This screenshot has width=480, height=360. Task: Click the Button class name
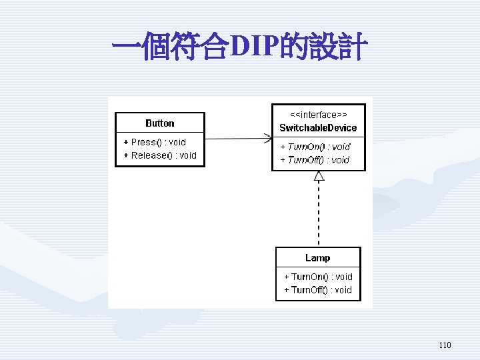pyautogui.click(x=160, y=123)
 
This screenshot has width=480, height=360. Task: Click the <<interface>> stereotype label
pyautogui.click(x=319, y=115)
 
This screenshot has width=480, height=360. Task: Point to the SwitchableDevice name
pyautogui.click(x=318, y=127)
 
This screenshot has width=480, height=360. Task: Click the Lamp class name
pyautogui.click(x=318, y=258)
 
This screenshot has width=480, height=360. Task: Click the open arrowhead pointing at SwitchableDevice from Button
pyautogui.click(x=268, y=139)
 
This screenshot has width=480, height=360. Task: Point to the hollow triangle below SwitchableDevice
pyautogui.click(x=319, y=176)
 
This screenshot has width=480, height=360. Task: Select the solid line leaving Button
pyautogui.click(x=239, y=139)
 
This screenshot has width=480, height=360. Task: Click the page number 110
pyautogui.click(x=445, y=345)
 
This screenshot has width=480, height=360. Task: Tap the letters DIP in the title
pyautogui.click(x=255, y=46)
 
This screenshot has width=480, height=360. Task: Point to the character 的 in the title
pyautogui.click(x=294, y=46)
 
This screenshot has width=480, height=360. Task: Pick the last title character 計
pyautogui.click(x=353, y=46)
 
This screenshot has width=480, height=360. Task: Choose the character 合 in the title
pyautogui.click(x=215, y=46)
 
